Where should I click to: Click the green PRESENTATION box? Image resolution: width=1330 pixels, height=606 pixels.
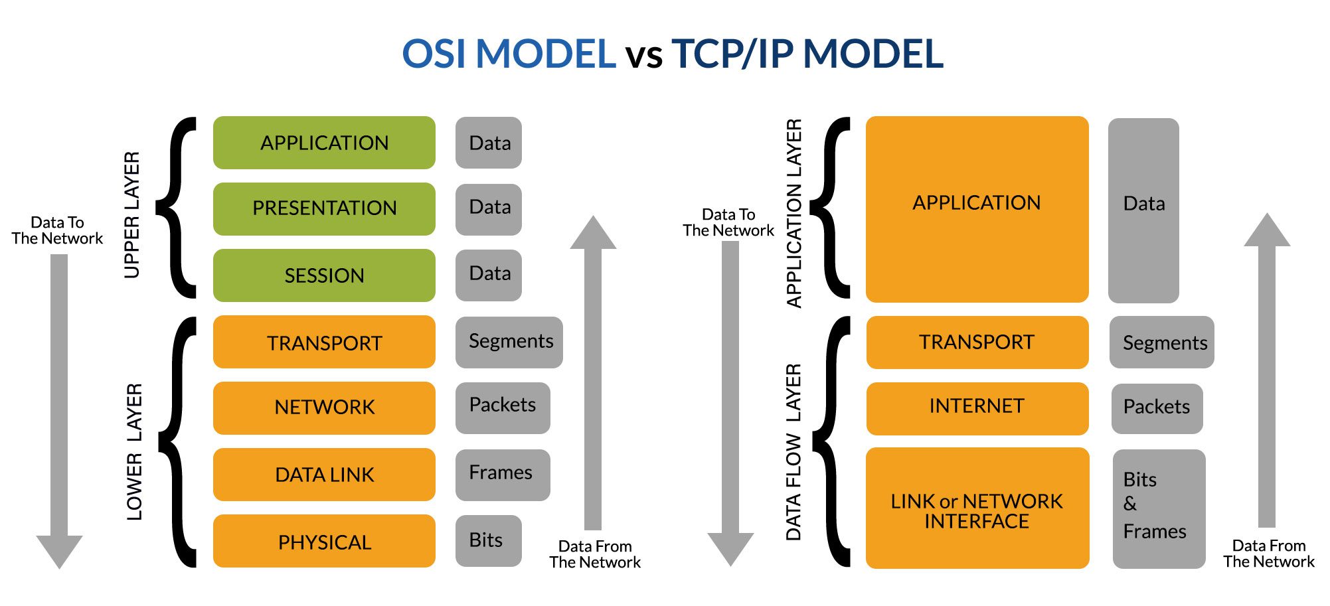pos(324,208)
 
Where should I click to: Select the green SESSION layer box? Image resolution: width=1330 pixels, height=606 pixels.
pos(324,275)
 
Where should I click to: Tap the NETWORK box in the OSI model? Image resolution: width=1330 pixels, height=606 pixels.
pos(324,408)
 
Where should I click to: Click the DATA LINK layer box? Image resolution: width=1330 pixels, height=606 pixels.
pos(324,475)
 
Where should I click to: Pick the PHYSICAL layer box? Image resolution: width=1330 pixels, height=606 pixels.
pos(324,542)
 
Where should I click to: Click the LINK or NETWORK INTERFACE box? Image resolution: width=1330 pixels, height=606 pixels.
pos(977,508)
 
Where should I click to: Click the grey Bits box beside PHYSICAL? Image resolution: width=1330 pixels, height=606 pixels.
pos(488,540)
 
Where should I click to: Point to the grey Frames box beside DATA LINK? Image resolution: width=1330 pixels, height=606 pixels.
pos(502,474)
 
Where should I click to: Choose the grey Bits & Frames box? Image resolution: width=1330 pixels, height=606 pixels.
pos(1158,508)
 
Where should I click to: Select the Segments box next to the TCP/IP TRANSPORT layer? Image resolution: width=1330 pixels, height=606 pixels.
pos(1161,342)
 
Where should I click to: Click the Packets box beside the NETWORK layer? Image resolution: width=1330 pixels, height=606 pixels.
pos(502,408)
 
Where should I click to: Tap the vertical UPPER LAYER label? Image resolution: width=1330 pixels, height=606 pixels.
pos(132,214)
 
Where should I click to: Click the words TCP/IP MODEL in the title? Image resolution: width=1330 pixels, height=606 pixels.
pos(807,54)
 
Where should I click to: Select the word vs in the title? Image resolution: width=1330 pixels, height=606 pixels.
pos(643,56)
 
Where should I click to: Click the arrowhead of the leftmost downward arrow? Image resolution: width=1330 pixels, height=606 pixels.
pos(59,550)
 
